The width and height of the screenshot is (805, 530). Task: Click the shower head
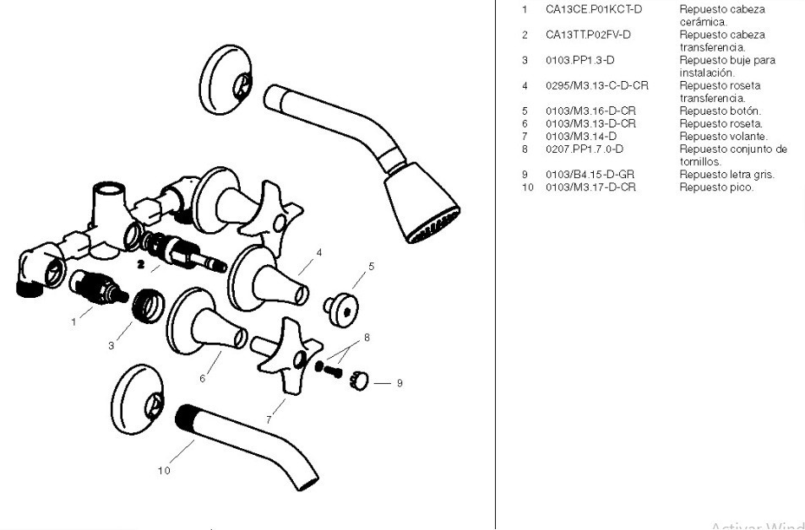click(421, 205)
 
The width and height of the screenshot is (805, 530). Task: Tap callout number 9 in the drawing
click(400, 383)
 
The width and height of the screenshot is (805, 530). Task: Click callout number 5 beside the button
click(371, 267)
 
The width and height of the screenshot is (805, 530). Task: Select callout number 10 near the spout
click(164, 470)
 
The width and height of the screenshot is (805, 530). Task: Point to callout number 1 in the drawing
click(74, 322)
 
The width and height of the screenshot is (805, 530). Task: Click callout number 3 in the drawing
click(111, 345)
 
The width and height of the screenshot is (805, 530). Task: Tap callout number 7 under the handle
click(269, 419)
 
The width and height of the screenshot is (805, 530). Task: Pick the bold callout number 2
click(142, 264)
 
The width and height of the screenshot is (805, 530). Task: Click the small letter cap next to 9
click(360, 381)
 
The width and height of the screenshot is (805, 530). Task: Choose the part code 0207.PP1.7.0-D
click(584, 149)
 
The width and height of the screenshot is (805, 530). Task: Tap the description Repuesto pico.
click(716, 187)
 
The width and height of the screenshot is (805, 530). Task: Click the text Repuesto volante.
click(723, 137)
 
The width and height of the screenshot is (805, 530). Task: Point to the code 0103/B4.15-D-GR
click(590, 175)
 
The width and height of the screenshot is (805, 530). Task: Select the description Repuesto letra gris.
click(726, 175)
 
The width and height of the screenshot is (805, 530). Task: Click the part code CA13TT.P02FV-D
click(588, 35)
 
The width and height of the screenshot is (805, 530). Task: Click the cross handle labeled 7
click(287, 354)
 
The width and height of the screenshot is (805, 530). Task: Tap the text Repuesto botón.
click(720, 111)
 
